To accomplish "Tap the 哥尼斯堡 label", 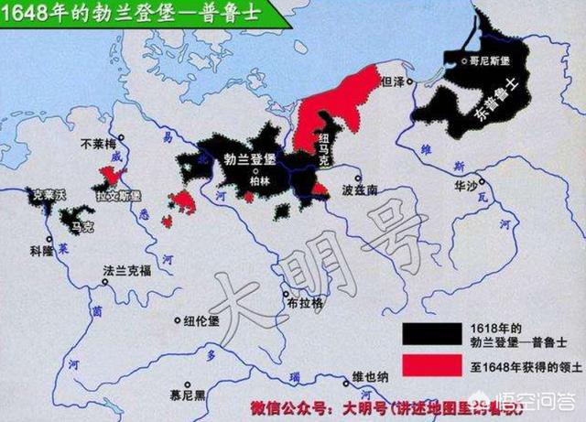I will (489, 58).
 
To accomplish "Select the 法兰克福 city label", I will (125, 272).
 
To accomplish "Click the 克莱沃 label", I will (47, 195).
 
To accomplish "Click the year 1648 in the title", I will (27, 12).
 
